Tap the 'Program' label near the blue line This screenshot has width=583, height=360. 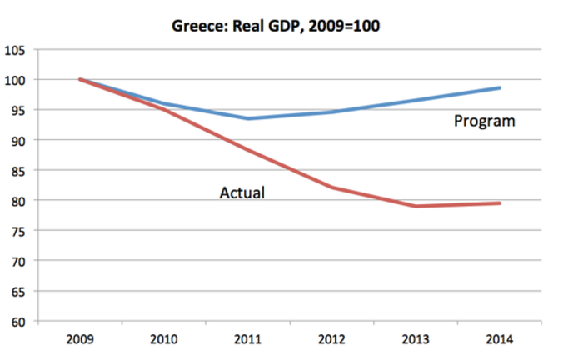pos(484,122)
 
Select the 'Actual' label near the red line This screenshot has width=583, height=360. pos(242,193)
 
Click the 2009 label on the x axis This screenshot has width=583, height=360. pos(81,340)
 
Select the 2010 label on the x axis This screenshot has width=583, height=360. pos(165,340)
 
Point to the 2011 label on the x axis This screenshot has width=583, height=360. pos(248,340)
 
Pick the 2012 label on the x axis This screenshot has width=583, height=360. pos(332,340)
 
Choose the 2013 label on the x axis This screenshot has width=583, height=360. pos(416,340)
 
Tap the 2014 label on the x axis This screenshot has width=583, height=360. pos(500,340)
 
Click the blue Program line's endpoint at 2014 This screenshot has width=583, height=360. pos(500,87)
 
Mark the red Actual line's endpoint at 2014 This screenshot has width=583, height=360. pos(500,203)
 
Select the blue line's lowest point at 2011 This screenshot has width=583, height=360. pos(248,118)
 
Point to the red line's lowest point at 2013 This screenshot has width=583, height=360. pos(416,206)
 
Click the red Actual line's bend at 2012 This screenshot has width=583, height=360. pos(332,187)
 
